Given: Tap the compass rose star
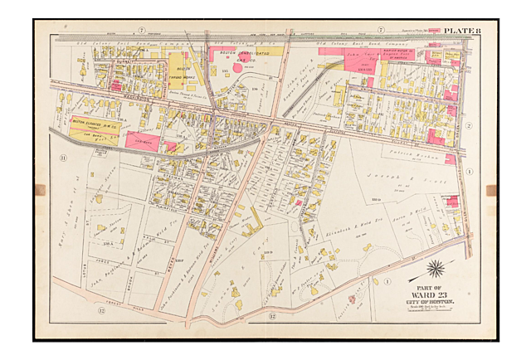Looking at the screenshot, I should pyautogui.click(x=434, y=269).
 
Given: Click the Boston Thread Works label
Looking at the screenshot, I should pyautogui.click(x=180, y=73).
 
